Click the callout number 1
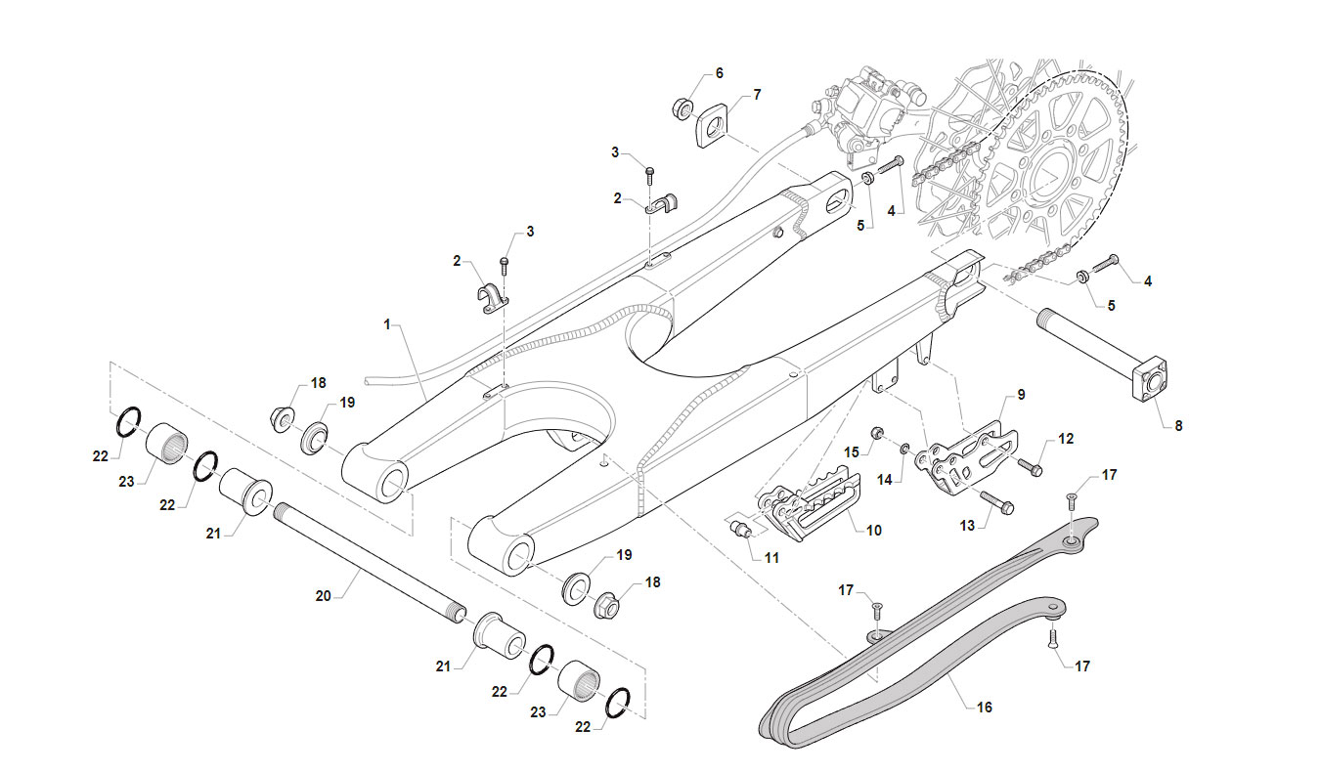pyautogui.click(x=387, y=324)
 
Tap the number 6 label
pyautogui.click(x=719, y=73)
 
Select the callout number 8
pyautogui.click(x=1178, y=425)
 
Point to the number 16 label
pyautogui.click(x=985, y=707)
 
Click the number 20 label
pyautogui.click(x=324, y=596)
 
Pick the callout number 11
pyautogui.click(x=771, y=557)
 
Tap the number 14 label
pyautogui.click(x=885, y=480)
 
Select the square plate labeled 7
pyautogui.click(x=714, y=125)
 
